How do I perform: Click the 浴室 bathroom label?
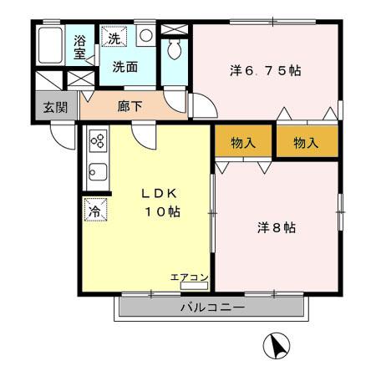coord(80,47)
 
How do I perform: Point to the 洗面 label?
coord(125,67)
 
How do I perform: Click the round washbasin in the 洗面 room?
coord(145,36)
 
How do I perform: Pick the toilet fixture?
coord(174,49)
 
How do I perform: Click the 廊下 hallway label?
coord(129,106)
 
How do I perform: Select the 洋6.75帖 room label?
coord(265,71)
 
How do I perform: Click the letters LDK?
coord(158,193)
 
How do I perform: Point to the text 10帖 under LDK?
coord(158,212)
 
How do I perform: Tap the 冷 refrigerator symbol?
coord(94,211)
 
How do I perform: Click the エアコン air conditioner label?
coord(189,277)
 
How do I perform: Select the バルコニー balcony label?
coord(211,307)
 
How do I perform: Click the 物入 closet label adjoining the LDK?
coord(243,143)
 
